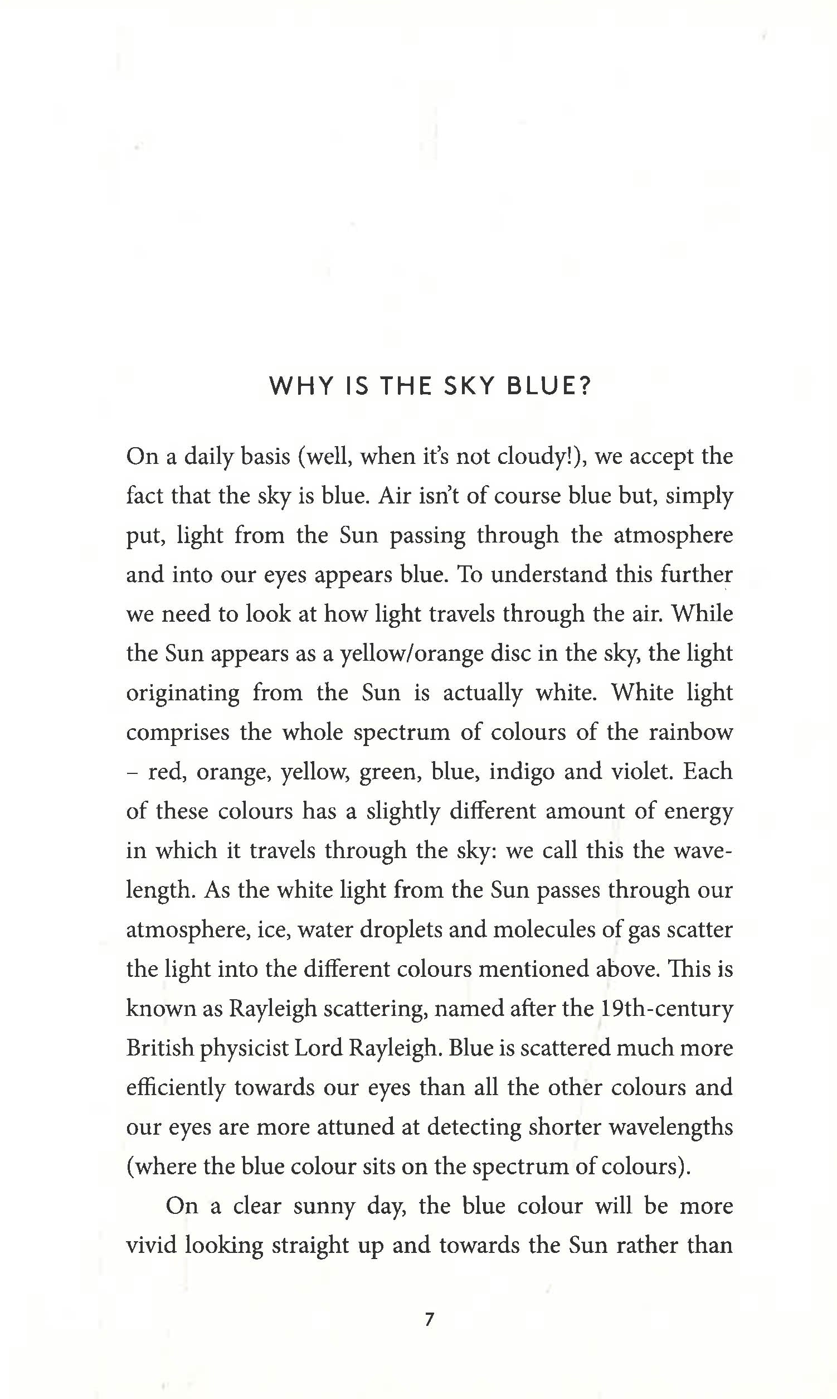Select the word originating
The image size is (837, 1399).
click(183, 694)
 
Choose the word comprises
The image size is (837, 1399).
click(178, 733)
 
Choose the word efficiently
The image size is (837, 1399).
click(176, 1088)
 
